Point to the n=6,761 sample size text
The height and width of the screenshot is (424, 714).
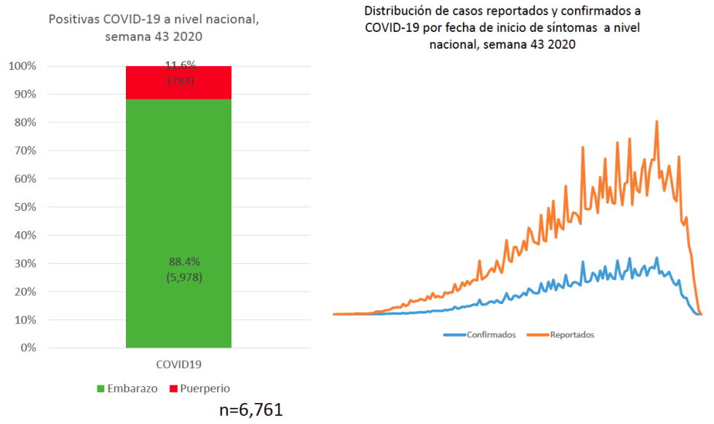coord(250,409)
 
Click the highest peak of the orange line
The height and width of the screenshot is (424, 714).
coord(657,121)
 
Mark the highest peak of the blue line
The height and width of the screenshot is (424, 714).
coord(657,257)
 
